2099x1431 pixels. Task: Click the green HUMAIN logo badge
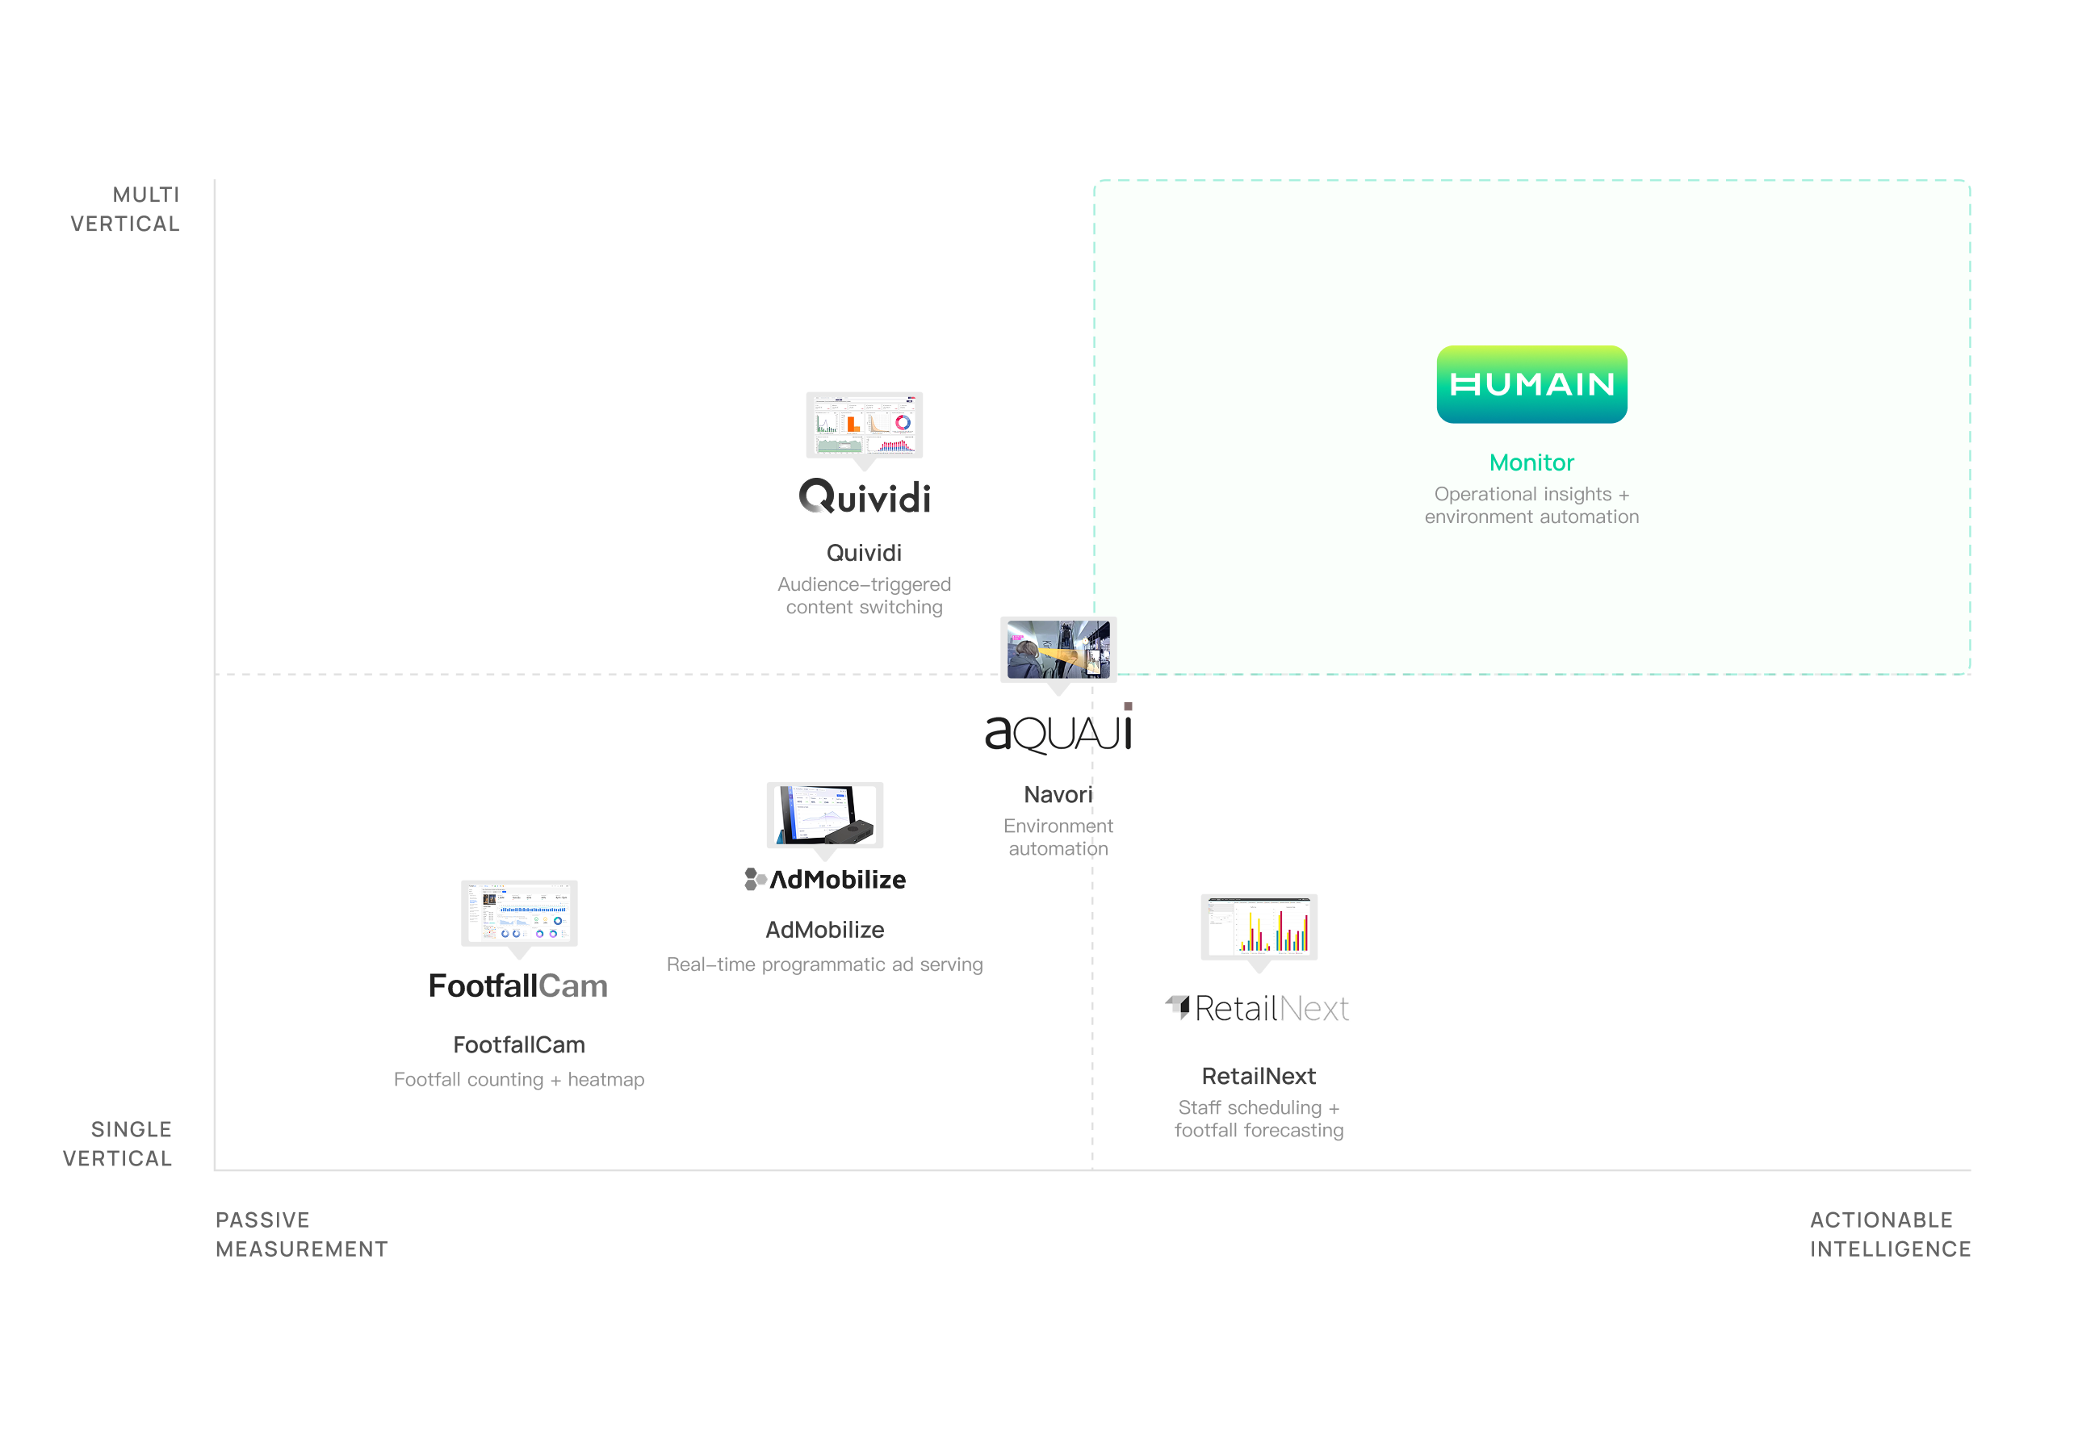point(1531,385)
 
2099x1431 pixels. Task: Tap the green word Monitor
point(1531,462)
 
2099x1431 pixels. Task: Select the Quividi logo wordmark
point(865,497)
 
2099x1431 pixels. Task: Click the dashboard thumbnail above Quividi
point(865,425)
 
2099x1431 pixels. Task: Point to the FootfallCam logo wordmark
point(518,986)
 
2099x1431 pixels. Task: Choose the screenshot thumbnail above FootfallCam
point(519,913)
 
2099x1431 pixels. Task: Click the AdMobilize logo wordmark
point(826,880)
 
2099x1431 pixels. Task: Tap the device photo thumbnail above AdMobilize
point(824,814)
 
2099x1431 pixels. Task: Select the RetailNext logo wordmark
point(1258,1007)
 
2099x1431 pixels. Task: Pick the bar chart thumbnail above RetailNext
point(1259,927)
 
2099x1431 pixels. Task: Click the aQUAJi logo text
point(1058,731)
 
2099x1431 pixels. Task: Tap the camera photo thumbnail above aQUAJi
point(1058,648)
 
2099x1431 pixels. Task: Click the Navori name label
point(1058,794)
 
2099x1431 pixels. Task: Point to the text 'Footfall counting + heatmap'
point(519,1080)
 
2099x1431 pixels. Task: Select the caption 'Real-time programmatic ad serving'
point(824,964)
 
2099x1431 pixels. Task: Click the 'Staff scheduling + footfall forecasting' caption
point(1259,1119)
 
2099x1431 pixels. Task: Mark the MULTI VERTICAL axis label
point(126,210)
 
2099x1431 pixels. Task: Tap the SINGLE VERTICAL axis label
point(119,1144)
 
